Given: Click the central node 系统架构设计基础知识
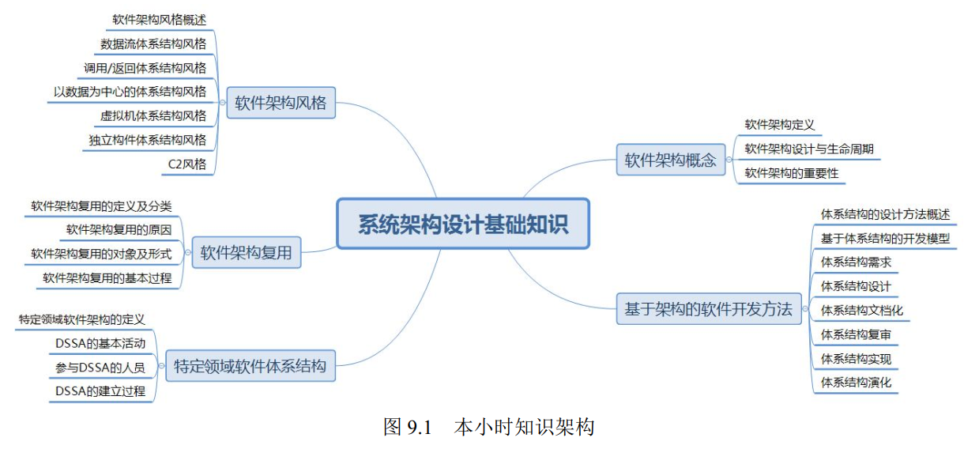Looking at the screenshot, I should pos(463,224).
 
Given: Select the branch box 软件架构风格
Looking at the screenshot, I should pos(281,103).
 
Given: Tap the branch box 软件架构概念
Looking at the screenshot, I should pos(670,160).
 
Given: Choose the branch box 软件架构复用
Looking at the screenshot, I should pos(246,253).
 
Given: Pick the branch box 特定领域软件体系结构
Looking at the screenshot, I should pos(250,366).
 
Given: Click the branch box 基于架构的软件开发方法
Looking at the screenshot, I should pos(708,308).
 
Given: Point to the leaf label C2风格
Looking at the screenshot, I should pos(187,164).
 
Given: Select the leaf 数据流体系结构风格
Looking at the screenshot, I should pos(153,43).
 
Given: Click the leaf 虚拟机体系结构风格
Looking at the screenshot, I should pos(153,115).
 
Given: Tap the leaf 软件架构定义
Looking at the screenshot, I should pos(779,124).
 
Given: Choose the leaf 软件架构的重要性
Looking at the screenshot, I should pos(791,173).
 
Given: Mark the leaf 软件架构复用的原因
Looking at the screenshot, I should pos(119,230).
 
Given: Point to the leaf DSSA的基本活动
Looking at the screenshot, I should pos(100,343).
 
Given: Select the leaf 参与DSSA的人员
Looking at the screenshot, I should pos(100,368).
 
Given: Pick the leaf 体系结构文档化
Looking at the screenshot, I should pos(861,310).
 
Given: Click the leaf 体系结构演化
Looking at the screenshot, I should pos(856,383).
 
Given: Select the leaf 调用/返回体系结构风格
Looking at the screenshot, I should pos(145,67).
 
